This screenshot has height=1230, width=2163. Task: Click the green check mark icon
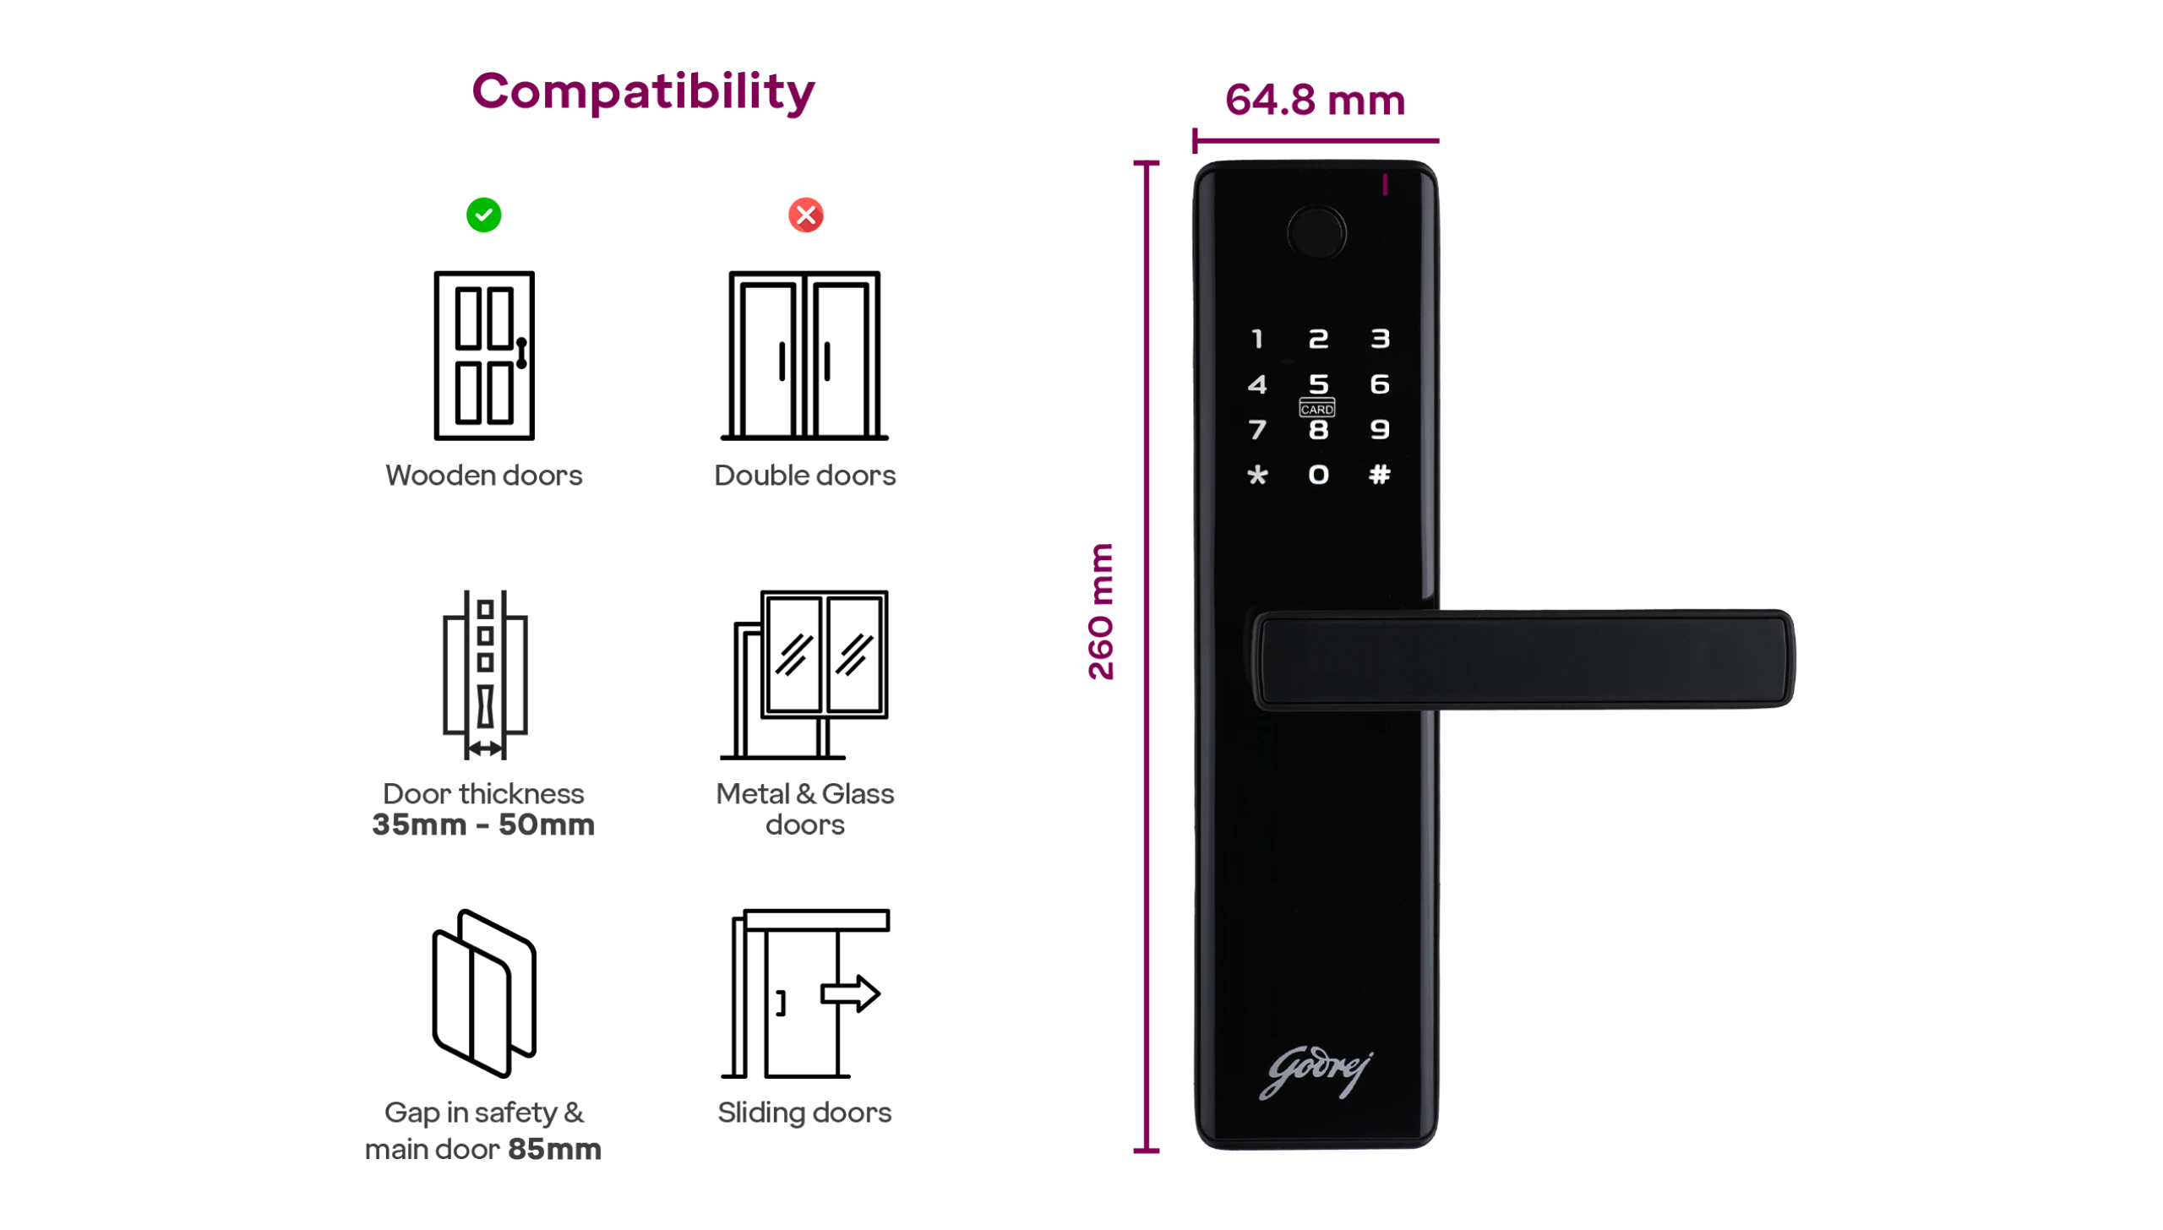pos(483,215)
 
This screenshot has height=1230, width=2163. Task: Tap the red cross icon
pos(805,215)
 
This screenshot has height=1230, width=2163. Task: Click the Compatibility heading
pos(643,92)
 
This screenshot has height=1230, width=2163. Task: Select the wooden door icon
pos(484,356)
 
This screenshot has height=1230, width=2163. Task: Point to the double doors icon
pos(804,356)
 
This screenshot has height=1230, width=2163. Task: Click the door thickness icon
pos(485,675)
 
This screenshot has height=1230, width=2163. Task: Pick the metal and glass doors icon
pos(804,675)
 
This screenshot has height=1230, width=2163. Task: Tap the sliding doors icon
pos(805,993)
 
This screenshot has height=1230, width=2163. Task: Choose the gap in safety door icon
pos(484,993)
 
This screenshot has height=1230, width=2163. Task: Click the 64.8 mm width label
pos(1315,100)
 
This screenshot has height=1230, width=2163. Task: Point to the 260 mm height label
pos(1101,612)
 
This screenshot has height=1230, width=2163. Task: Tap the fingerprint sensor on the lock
pos(1316,232)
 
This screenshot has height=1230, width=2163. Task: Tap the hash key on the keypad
pos(1379,475)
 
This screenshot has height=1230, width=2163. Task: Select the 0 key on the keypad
pos(1318,475)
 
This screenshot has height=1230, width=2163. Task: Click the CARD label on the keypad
pos(1316,409)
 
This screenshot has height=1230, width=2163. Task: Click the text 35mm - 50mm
pos(483,825)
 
